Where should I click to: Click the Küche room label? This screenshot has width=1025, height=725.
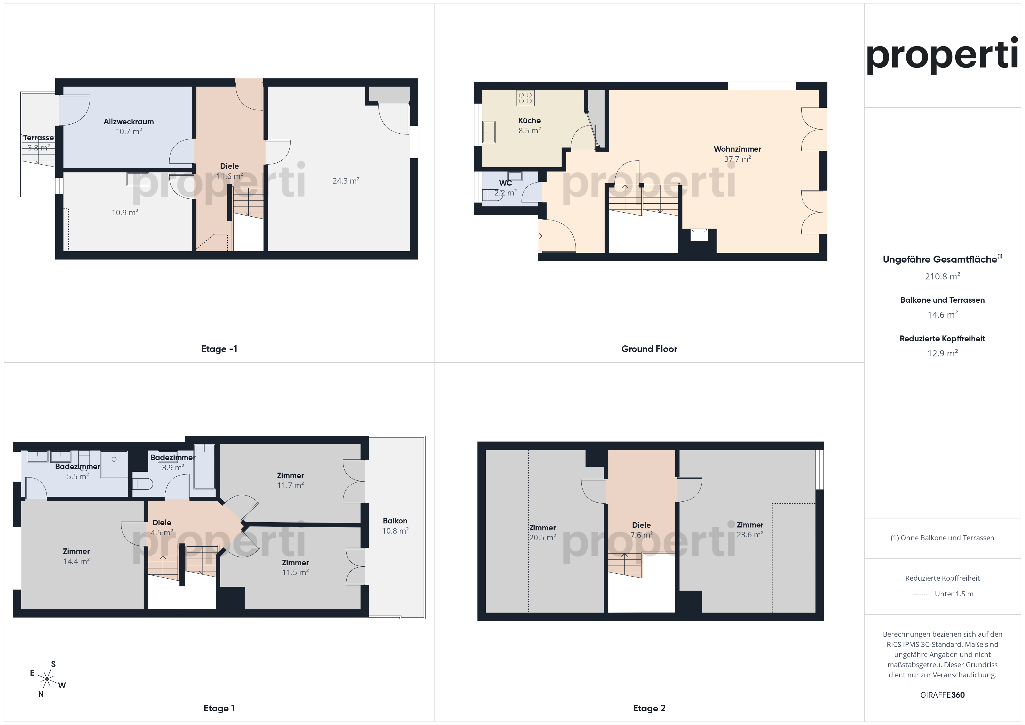click(529, 121)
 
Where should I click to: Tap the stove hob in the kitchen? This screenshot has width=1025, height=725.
click(525, 98)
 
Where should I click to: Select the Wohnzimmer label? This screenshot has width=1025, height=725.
click(737, 149)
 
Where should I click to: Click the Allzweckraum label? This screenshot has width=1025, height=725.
click(129, 122)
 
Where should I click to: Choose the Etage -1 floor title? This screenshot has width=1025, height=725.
click(219, 349)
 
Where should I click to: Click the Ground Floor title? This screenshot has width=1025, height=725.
click(649, 349)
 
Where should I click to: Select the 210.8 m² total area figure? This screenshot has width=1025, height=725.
click(942, 276)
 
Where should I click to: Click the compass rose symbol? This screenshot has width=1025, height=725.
click(47, 679)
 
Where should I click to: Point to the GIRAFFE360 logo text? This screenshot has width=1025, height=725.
click(942, 695)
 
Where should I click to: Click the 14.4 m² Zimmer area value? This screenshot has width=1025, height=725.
click(76, 561)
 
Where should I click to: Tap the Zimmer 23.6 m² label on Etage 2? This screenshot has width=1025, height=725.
click(750, 530)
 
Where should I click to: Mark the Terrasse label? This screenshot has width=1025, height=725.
click(38, 138)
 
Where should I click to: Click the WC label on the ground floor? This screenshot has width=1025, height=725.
click(505, 183)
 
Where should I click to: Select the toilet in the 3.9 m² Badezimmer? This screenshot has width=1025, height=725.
click(143, 484)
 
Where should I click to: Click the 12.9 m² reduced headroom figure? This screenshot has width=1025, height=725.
click(942, 353)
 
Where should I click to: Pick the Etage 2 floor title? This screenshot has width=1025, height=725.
click(649, 708)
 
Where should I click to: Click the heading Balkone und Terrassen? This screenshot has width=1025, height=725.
click(942, 300)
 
